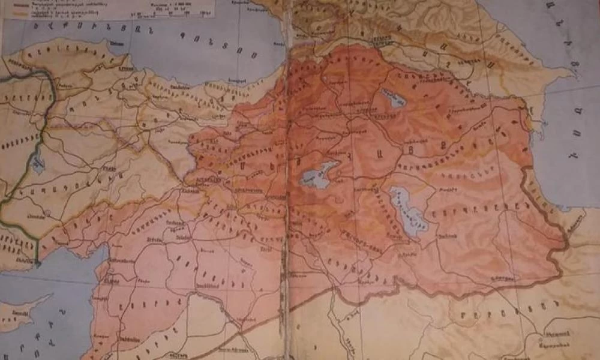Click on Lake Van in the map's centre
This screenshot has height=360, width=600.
click(x=316, y=175)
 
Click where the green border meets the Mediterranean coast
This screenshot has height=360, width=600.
click(x=37, y=262)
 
